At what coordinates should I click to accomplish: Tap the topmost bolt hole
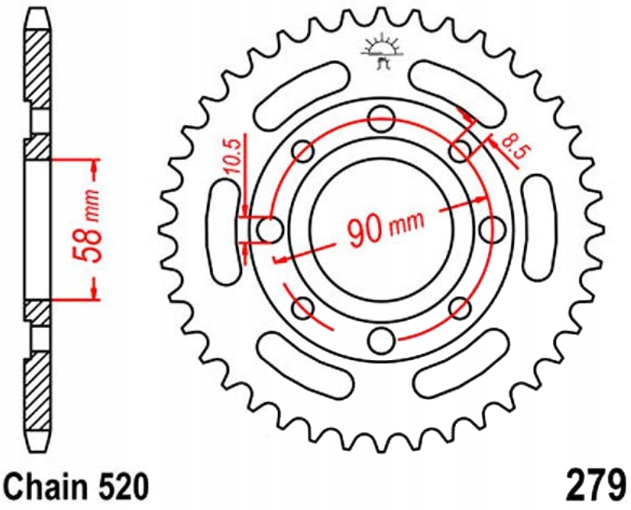coord(382,119)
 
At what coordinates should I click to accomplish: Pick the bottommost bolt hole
coord(382,340)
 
